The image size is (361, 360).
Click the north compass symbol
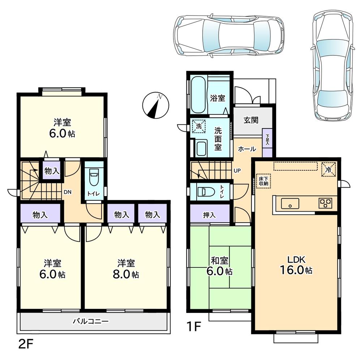[156, 105]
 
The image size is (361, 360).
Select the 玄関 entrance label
[250, 120]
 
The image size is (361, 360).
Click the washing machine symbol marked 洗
[198, 126]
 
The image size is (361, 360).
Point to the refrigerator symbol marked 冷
[329, 169]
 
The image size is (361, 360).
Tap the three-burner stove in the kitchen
[326, 203]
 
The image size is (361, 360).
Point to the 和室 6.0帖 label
[220, 266]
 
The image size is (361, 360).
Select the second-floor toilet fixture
[94, 177]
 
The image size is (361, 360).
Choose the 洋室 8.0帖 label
[125, 268]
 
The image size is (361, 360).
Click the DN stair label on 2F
[67, 192]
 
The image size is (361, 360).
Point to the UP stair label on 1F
[237, 170]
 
